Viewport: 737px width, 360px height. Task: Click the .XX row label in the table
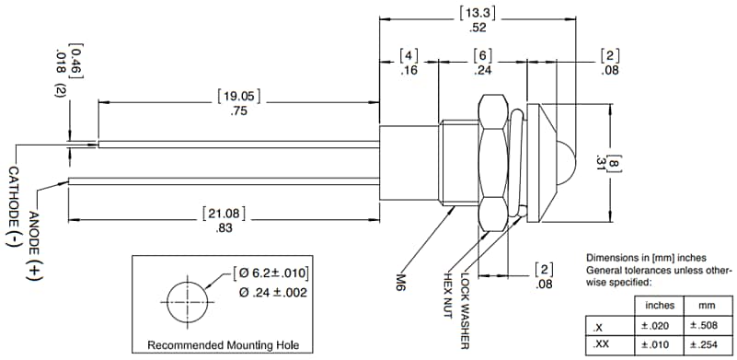coord(600,344)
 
